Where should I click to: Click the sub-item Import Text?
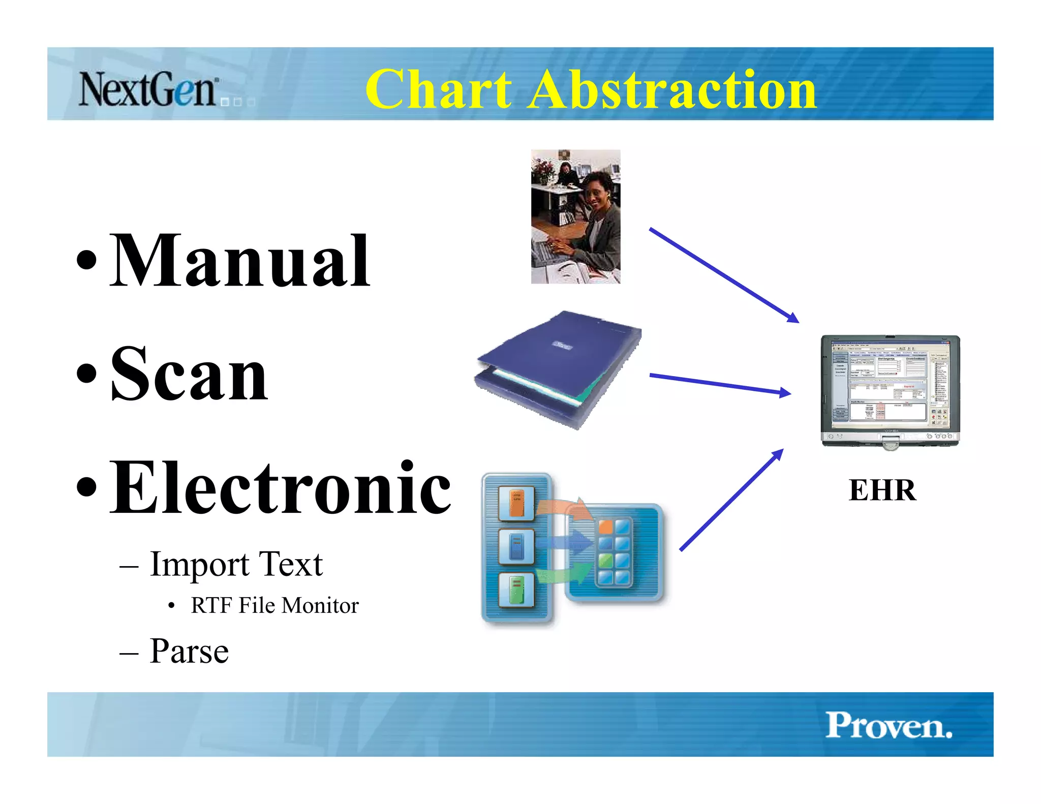[236, 564]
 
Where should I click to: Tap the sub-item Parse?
[189, 651]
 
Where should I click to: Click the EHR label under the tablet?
[882, 490]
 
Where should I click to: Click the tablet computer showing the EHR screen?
[890, 390]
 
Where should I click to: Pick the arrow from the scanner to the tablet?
[719, 384]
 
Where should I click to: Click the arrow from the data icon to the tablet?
[731, 501]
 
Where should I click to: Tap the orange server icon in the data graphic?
[516, 503]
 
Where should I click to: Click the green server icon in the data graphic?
[516, 590]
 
